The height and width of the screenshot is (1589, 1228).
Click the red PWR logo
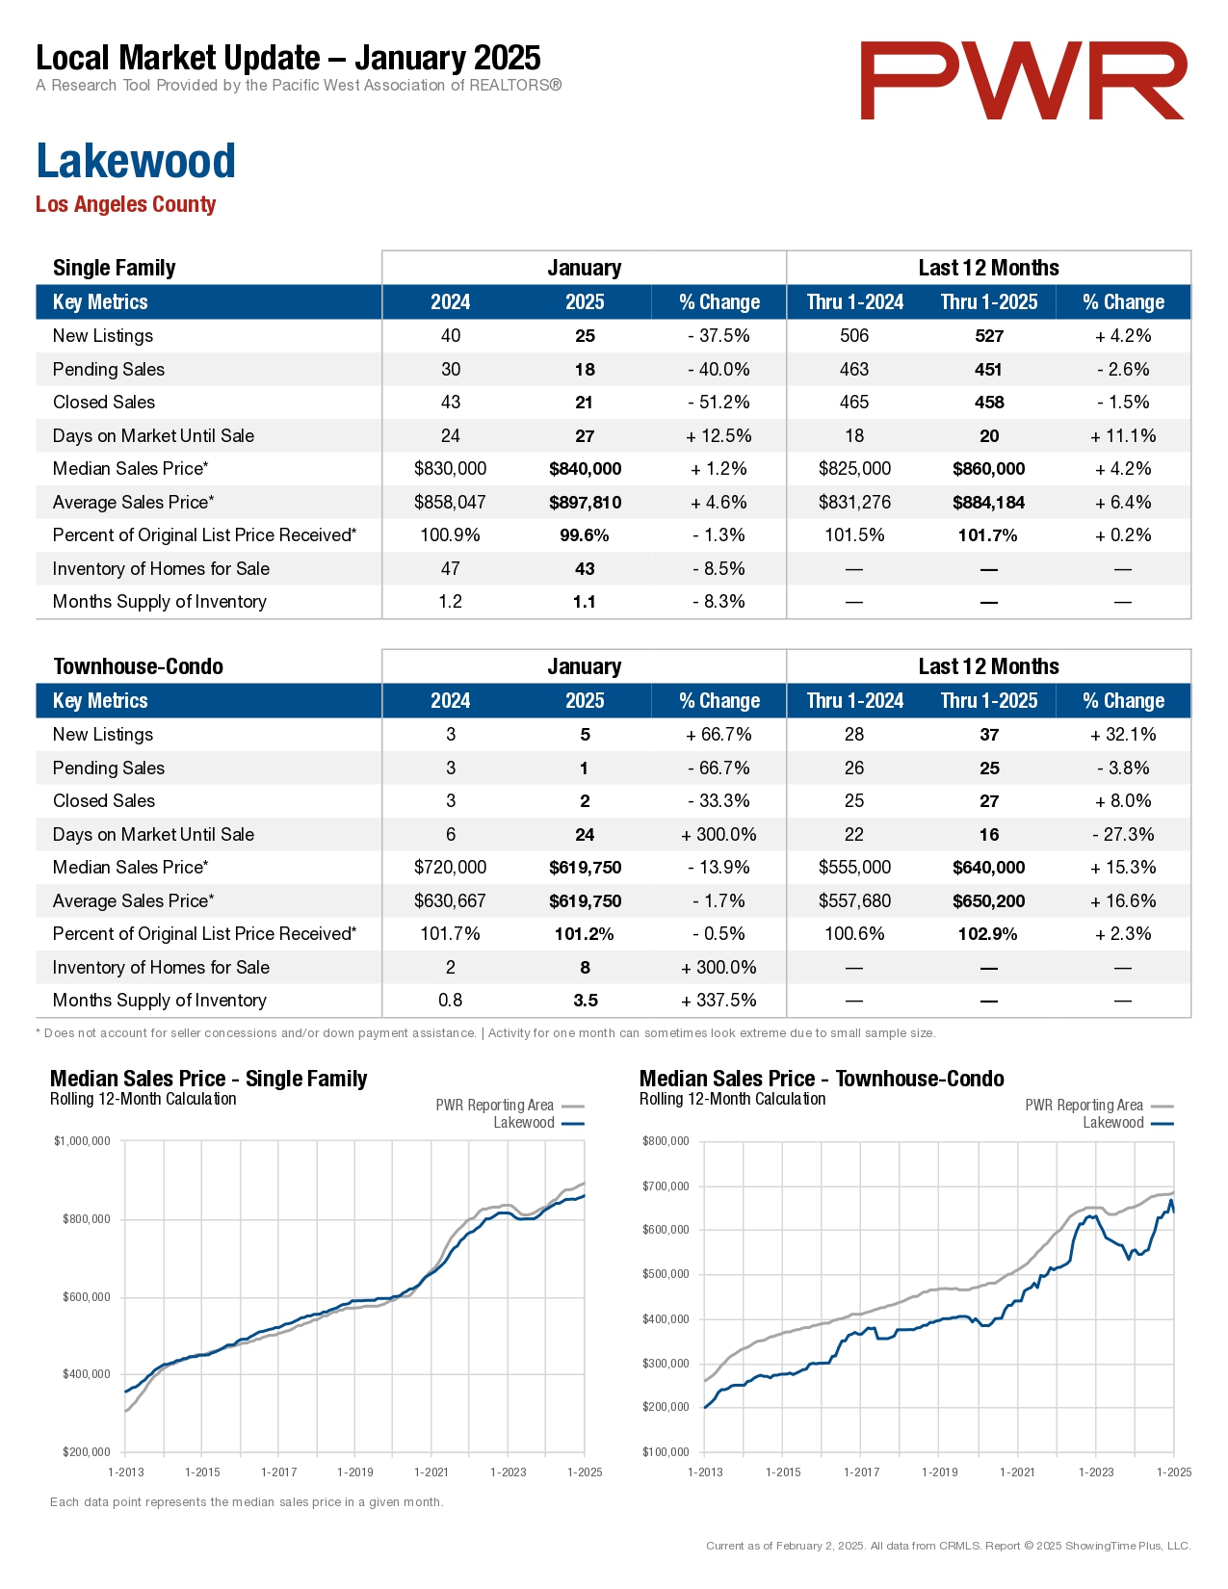click(1023, 81)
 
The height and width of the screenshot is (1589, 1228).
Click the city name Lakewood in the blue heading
click(136, 161)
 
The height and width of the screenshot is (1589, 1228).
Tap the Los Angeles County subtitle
click(126, 204)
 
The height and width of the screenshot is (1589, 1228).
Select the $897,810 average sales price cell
click(586, 503)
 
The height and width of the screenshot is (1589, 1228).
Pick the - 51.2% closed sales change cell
click(719, 403)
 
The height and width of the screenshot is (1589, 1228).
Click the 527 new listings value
click(989, 336)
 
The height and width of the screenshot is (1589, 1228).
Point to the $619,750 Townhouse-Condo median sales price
click(586, 868)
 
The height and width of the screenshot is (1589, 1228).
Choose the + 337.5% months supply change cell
click(719, 1000)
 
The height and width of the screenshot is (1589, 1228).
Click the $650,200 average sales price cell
click(989, 900)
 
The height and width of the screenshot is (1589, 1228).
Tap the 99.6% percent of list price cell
click(585, 535)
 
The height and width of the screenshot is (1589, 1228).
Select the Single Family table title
click(114, 268)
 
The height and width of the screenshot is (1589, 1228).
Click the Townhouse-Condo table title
click(139, 666)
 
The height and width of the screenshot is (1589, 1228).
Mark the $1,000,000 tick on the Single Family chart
click(82, 1141)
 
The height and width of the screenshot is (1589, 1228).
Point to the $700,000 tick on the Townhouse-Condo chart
click(666, 1186)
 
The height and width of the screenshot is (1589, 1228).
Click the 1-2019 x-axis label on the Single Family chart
click(354, 1472)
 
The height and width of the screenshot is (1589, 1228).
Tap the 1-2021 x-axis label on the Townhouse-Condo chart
click(1017, 1472)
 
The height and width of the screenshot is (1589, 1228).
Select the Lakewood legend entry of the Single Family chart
click(538, 1123)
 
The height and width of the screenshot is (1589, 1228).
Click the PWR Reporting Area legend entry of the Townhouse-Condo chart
click(1099, 1105)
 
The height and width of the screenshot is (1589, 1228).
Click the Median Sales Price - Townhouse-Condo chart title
click(822, 1079)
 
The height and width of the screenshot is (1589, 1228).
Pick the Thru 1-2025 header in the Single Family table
click(989, 302)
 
